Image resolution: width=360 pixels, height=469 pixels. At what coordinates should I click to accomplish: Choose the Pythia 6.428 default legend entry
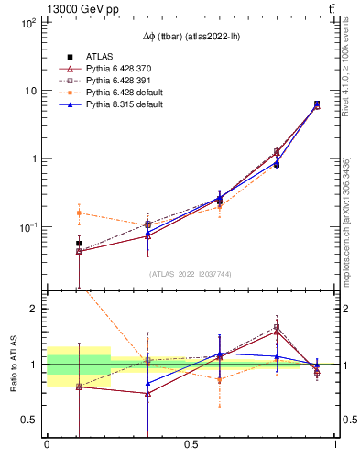tap(121, 93)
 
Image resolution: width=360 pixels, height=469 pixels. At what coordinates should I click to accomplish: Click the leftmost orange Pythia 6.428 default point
tap(79, 213)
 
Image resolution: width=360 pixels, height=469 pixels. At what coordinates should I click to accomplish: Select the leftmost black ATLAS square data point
tap(79, 244)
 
